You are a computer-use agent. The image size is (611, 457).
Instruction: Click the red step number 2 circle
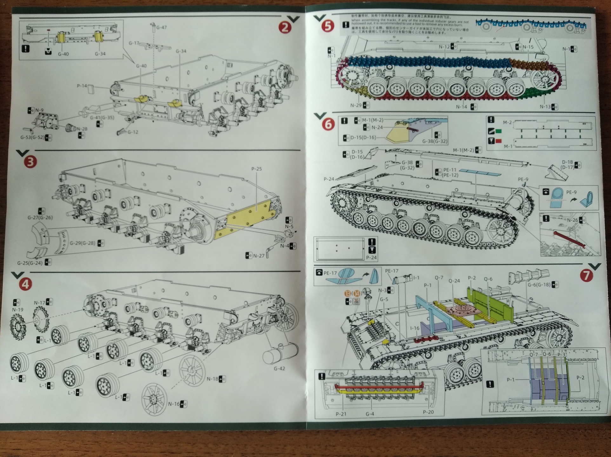coord(285,27)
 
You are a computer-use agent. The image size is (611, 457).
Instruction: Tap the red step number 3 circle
coord(30,162)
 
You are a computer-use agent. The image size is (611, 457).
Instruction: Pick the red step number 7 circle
coord(586,275)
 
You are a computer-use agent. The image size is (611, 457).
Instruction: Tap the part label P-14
coord(82,86)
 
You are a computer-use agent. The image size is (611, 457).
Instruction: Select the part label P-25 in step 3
coord(256,169)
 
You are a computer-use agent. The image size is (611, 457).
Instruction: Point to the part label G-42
coord(279,368)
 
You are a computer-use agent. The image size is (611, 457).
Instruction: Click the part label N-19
coord(17,310)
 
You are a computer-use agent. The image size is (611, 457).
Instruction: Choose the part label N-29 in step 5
coord(356,105)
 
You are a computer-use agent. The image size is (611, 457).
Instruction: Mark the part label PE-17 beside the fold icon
coord(330,273)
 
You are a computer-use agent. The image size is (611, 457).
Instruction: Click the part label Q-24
coord(454,281)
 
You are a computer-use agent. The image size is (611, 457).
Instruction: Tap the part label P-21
coord(341,414)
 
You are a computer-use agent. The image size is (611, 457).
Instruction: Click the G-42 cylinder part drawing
coord(280,354)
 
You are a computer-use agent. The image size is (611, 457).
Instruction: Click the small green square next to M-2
coord(498,131)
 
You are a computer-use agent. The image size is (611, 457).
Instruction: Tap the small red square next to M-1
coord(498,141)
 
